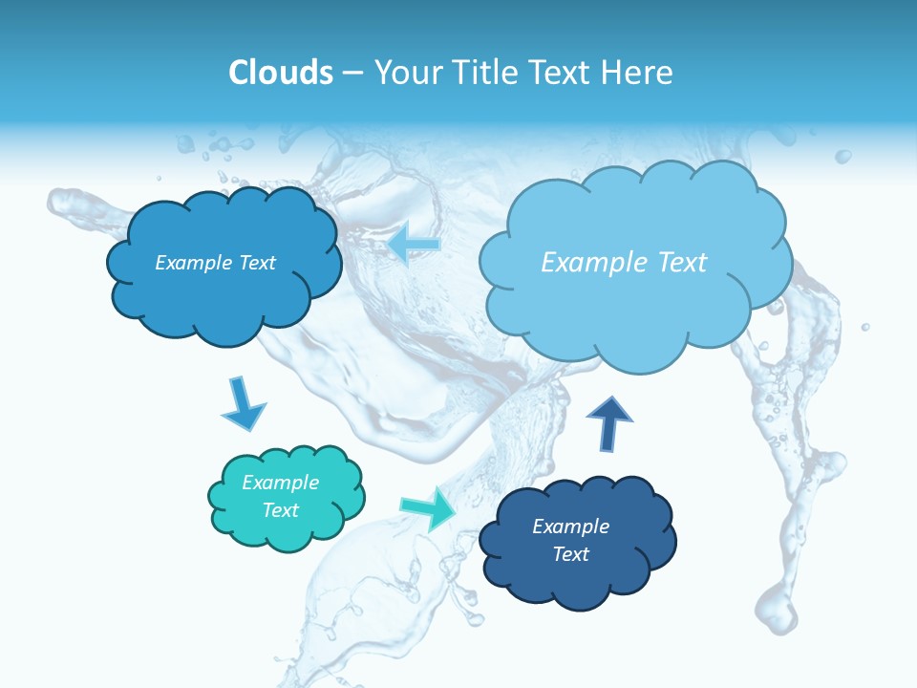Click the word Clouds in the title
pyautogui.click(x=281, y=73)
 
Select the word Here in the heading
pyautogui.click(x=638, y=73)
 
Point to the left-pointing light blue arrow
pyautogui.click(x=414, y=244)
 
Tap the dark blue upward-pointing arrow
pyautogui.click(x=608, y=423)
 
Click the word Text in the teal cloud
pyautogui.click(x=281, y=510)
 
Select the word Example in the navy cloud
pyautogui.click(x=570, y=527)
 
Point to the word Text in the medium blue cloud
pyautogui.click(x=257, y=263)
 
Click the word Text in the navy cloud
pyautogui.click(x=570, y=554)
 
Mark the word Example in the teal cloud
pyautogui.click(x=280, y=483)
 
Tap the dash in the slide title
pyautogui.click(x=352, y=73)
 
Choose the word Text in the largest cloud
pyautogui.click(x=682, y=263)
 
